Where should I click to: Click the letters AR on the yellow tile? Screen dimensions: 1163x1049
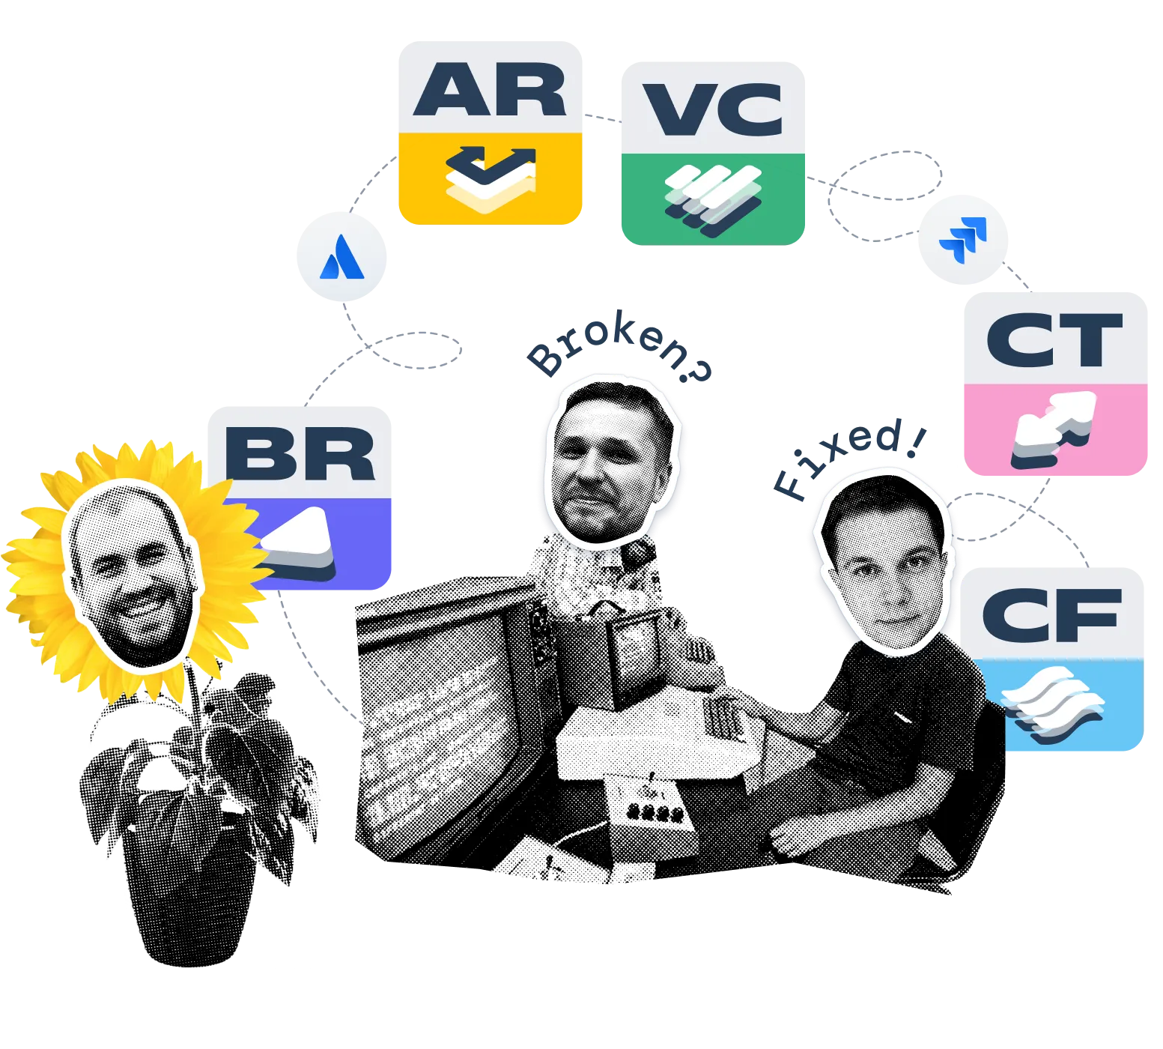click(x=490, y=90)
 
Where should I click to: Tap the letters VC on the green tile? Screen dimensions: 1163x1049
click(x=713, y=109)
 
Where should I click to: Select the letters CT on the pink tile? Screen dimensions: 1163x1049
click(x=1054, y=340)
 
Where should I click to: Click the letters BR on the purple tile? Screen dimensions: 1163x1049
click(x=300, y=454)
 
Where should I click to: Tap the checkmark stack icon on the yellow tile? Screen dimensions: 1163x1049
click(x=491, y=177)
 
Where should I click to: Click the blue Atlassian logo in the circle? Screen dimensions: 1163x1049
click(x=341, y=258)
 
